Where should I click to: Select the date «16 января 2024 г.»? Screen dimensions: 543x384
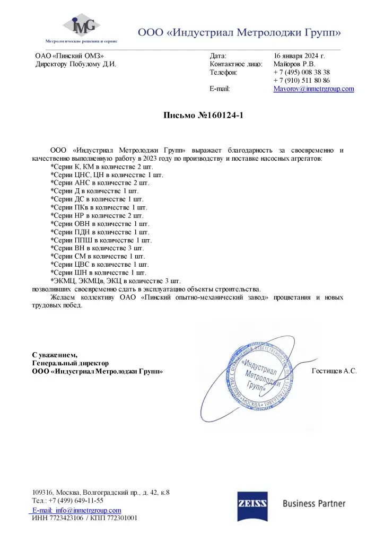pyautogui.click(x=299, y=55)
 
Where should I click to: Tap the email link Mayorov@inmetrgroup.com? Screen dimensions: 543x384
pyautogui.click(x=313, y=89)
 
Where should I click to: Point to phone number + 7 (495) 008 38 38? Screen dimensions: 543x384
pyautogui.click(x=302, y=72)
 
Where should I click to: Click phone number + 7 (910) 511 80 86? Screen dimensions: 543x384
pyautogui.click(x=302, y=80)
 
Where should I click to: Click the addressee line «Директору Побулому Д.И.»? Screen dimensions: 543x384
pyautogui.click(x=75, y=64)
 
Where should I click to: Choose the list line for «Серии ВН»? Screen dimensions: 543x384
pyautogui.click(x=97, y=248)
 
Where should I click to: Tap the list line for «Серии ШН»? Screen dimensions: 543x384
pyautogui.click(x=98, y=272)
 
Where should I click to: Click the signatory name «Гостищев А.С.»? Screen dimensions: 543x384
pyautogui.click(x=335, y=371)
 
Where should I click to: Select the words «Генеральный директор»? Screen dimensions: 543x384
pyautogui.click(x=71, y=363)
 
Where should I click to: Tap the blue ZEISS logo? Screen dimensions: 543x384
pyautogui.click(x=252, y=503)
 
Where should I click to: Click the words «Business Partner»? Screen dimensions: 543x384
pyautogui.click(x=314, y=503)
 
